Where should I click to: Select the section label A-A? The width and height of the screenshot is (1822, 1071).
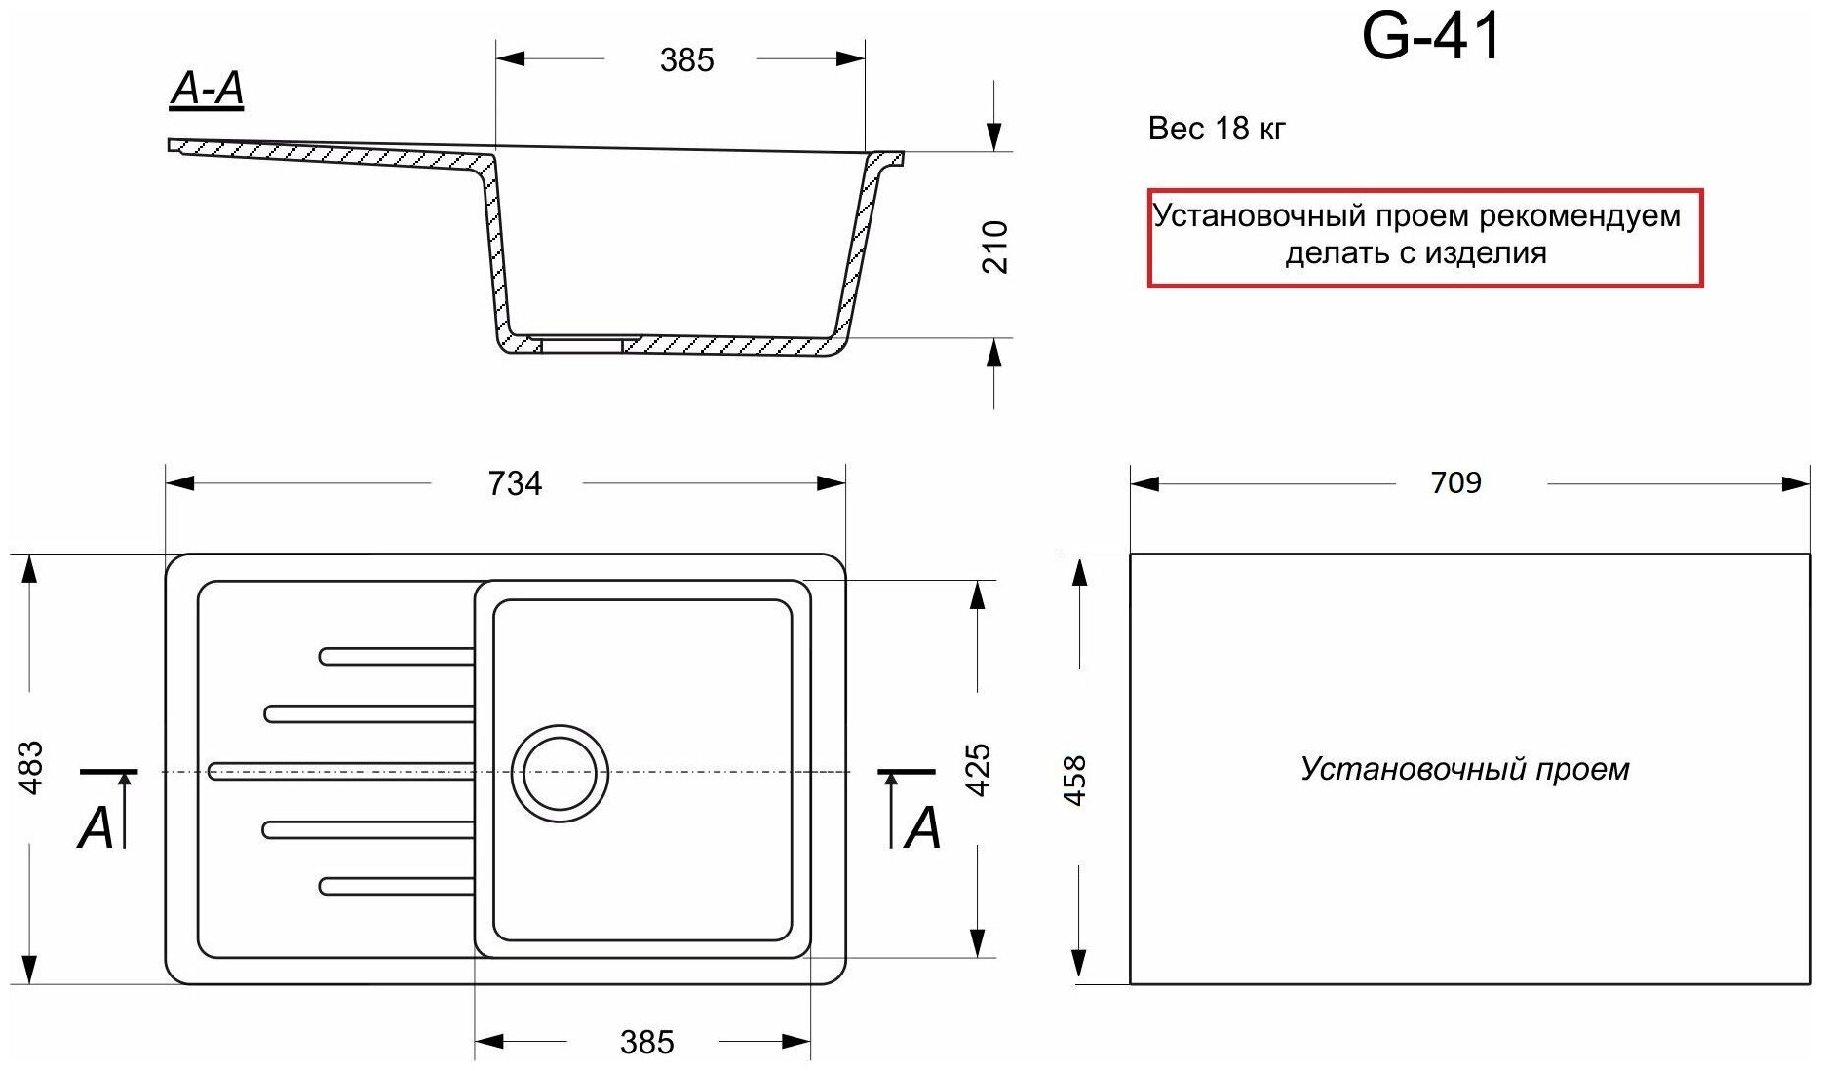tap(206, 90)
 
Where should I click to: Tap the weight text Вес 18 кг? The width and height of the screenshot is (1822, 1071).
tap(1217, 129)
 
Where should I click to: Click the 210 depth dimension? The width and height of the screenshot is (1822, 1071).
tap(994, 247)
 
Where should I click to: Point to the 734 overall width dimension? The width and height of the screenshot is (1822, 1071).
tap(515, 483)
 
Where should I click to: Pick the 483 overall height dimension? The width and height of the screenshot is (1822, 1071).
tap(32, 768)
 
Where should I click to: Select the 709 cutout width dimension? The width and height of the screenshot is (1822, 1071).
tap(1455, 482)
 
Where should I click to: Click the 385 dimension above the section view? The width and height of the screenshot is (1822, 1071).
tap(686, 60)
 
